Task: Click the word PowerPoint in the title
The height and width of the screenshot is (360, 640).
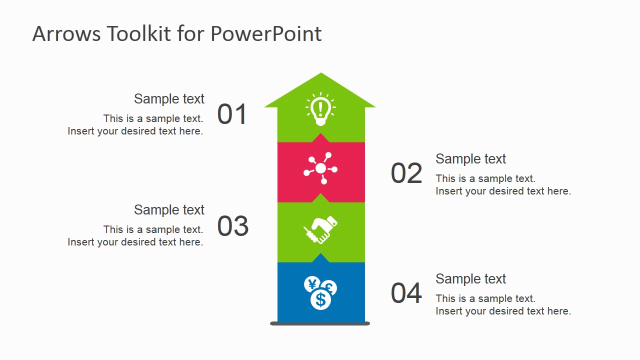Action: click(266, 34)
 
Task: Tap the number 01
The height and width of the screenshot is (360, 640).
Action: click(232, 114)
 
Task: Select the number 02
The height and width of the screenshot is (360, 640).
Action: click(406, 173)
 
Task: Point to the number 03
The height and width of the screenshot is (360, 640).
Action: click(232, 226)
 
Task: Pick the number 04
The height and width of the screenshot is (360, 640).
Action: click(406, 293)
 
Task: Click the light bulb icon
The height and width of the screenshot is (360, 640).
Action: click(320, 109)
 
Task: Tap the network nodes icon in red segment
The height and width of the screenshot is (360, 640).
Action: click(320, 168)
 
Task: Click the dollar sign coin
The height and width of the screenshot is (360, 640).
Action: click(320, 300)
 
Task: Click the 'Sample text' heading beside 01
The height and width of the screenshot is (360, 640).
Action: click(169, 99)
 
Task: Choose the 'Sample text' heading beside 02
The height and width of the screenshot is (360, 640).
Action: click(470, 159)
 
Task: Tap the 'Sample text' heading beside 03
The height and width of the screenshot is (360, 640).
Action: click(169, 210)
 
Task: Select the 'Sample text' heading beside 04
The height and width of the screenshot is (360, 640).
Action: click(470, 279)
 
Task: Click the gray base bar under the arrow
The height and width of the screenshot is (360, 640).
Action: click(320, 323)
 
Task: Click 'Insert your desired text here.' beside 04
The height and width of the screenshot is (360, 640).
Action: click(503, 311)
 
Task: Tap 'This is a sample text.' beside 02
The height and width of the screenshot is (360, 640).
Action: click(485, 178)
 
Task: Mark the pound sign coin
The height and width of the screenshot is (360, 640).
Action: click(329, 288)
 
